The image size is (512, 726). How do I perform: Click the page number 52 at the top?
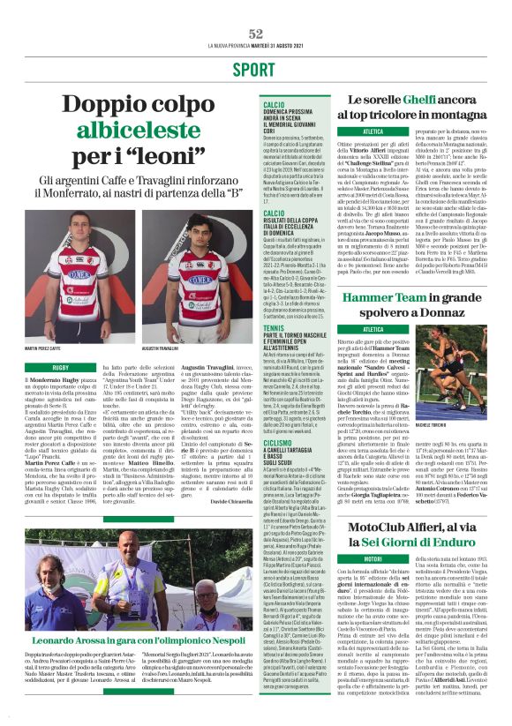click(256, 33)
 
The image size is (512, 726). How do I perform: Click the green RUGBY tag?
click(60, 365)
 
